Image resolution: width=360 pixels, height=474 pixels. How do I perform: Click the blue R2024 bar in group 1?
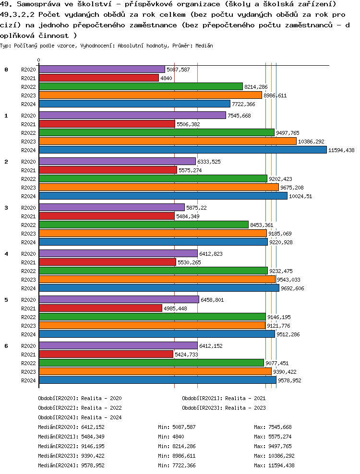pyautogui.click(x=182, y=150)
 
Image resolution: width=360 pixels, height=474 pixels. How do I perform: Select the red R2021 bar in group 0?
pyautogui.click(x=98, y=78)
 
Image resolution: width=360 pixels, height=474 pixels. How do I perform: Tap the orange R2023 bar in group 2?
pyautogui.click(x=158, y=187)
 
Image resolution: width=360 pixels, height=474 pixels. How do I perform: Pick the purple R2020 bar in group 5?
pyautogui.click(x=119, y=299)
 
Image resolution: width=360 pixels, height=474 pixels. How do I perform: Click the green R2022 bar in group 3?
pyautogui.click(x=144, y=225)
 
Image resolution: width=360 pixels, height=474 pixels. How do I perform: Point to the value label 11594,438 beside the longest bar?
pyautogui.click(x=341, y=150)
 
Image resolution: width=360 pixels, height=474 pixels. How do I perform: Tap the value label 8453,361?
pyautogui.click(x=262, y=225)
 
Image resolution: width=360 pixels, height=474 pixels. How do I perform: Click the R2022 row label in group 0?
pyautogui.click(x=29, y=87)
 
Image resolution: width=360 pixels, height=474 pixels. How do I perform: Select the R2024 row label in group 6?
pyautogui.click(x=29, y=380)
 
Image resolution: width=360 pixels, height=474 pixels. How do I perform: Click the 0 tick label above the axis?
pyautogui.click(x=38, y=60)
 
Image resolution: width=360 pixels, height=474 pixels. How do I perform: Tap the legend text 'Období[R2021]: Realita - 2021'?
pyautogui.click(x=224, y=398)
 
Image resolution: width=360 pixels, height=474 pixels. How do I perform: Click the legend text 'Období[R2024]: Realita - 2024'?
pyautogui.click(x=80, y=417)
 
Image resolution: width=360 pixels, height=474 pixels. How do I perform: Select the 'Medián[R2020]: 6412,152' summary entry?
pyautogui.click(x=71, y=427)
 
